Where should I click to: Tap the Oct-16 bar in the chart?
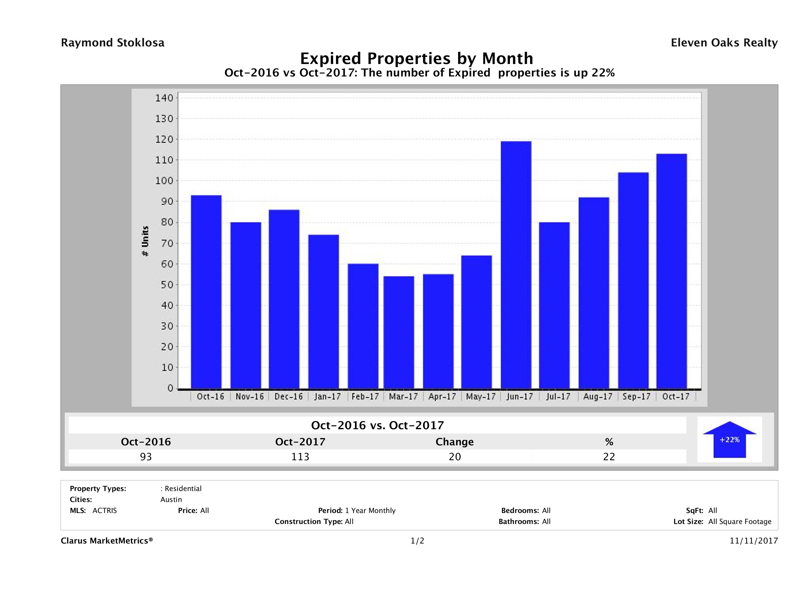206,292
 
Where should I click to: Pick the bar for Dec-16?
284,299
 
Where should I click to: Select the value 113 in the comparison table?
300,457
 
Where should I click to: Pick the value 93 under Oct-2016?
146,457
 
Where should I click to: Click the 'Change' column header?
455,442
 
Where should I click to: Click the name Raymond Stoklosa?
113,43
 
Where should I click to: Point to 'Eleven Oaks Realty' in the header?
724,43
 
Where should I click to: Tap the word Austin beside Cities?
171,500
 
